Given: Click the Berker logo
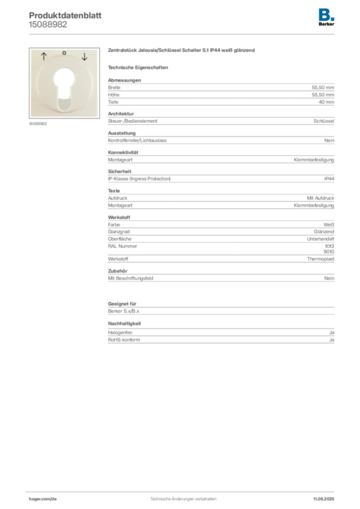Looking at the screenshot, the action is tap(326, 17).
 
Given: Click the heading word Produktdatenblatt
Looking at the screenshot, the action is tap(65, 15).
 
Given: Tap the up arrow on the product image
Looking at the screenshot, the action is tap(44, 57).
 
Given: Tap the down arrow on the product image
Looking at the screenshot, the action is tap(85, 57).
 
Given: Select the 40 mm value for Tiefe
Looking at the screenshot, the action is tap(326, 102).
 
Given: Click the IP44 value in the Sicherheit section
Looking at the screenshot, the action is tap(329, 179).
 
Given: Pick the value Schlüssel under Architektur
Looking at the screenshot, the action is tap(324, 121).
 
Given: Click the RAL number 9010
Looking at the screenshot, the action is tap(329, 252).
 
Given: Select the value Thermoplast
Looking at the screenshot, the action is tap(321, 259).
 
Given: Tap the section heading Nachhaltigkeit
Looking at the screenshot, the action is tap(124, 324).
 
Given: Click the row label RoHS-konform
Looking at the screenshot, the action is tap(124, 340).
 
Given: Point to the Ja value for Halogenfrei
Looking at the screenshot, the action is tap(332, 333).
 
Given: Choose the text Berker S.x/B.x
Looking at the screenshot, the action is tap(124, 311).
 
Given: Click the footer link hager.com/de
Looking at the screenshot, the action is tap(43, 499).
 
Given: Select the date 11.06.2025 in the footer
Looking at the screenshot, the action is tap(324, 499).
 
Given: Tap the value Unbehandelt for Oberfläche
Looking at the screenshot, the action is tap(320, 239).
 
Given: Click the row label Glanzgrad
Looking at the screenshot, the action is tap(119, 232).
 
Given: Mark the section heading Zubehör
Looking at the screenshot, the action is tap(117, 271).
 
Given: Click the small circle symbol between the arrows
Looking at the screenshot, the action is tap(64, 53).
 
